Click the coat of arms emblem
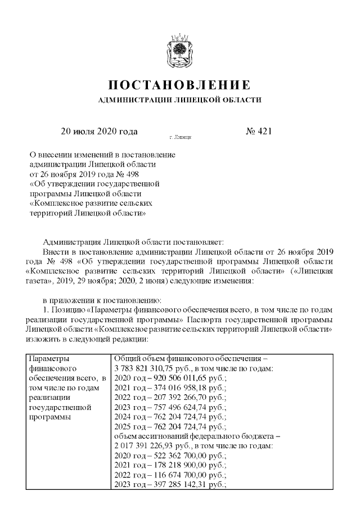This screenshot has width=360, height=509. tap(179, 51)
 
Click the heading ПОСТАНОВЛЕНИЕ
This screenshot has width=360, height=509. tap(179, 86)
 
